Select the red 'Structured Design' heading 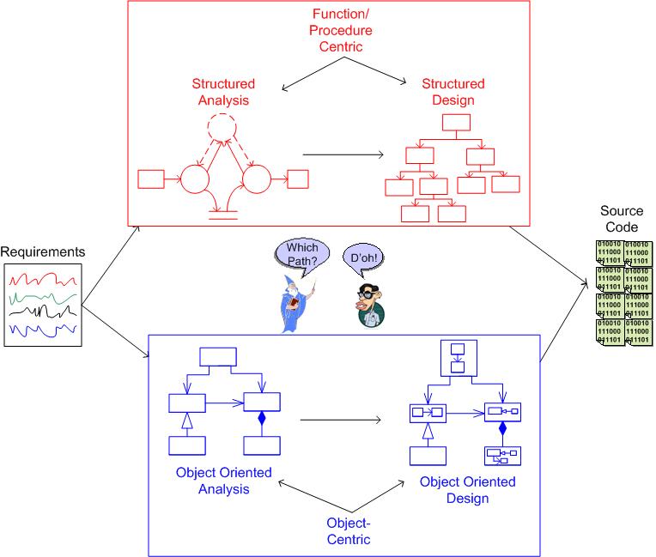click(453, 94)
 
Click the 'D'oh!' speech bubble click(360, 257)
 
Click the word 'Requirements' click(43, 252)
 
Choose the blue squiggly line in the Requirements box click(43, 330)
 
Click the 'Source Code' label click(620, 220)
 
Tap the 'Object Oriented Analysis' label click(223, 481)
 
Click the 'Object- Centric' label click(348, 531)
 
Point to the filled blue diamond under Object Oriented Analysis click(261, 421)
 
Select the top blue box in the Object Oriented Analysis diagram click(216, 356)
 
